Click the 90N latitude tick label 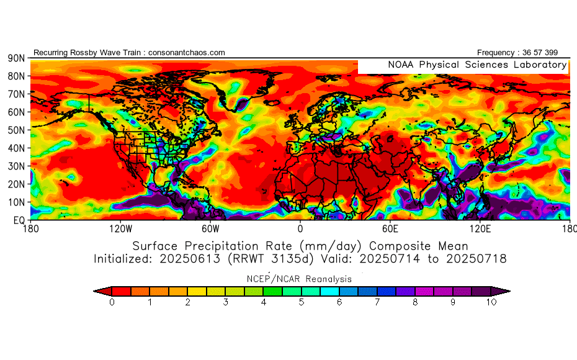click(16, 58)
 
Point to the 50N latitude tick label click(16, 130)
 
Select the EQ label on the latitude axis click(18, 220)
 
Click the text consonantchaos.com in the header click(187, 53)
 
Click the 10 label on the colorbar click(491, 302)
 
